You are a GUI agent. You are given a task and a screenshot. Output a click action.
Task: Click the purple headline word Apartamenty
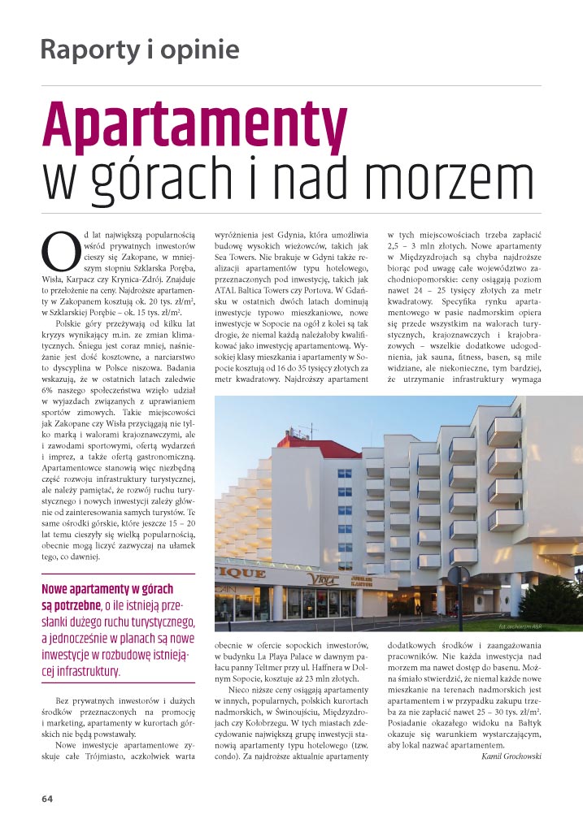194,123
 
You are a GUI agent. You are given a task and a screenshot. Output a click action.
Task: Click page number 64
48,798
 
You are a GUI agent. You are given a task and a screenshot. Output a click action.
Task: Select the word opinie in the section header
202,50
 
